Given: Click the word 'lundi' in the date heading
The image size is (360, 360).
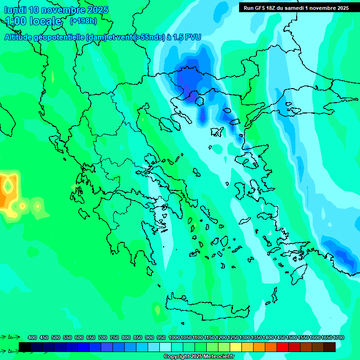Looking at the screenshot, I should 15,10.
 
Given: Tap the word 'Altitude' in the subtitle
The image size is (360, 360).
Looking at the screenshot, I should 22,37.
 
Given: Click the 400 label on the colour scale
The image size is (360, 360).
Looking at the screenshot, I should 32,337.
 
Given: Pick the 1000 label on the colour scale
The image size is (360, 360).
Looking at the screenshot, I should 174,337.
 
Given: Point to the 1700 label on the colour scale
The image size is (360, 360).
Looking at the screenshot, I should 338,337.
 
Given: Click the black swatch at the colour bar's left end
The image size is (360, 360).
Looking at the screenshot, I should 25,347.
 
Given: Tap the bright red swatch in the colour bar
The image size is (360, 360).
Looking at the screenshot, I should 283,347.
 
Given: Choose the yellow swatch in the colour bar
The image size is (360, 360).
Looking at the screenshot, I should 236,347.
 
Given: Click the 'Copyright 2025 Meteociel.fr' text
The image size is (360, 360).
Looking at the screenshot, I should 199,357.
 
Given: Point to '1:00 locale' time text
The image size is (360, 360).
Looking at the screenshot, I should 33,22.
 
